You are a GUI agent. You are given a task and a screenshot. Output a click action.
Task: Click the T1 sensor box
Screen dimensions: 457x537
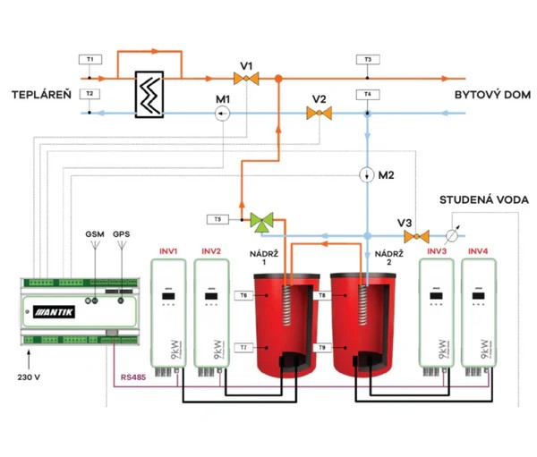pyautogui.click(x=89, y=59)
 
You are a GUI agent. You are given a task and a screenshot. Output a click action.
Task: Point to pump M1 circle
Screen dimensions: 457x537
pyautogui.click(x=223, y=113)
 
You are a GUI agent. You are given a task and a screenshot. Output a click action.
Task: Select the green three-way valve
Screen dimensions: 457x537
pyautogui.click(x=262, y=218)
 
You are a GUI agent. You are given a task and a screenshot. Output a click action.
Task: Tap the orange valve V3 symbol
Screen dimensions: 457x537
pyautogui.click(x=414, y=236)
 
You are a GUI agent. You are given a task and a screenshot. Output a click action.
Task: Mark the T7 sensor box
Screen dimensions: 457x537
pyautogui.click(x=243, y=346)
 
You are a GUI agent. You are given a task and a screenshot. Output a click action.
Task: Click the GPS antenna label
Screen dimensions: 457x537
pyautogui.click(x=122, y=233)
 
